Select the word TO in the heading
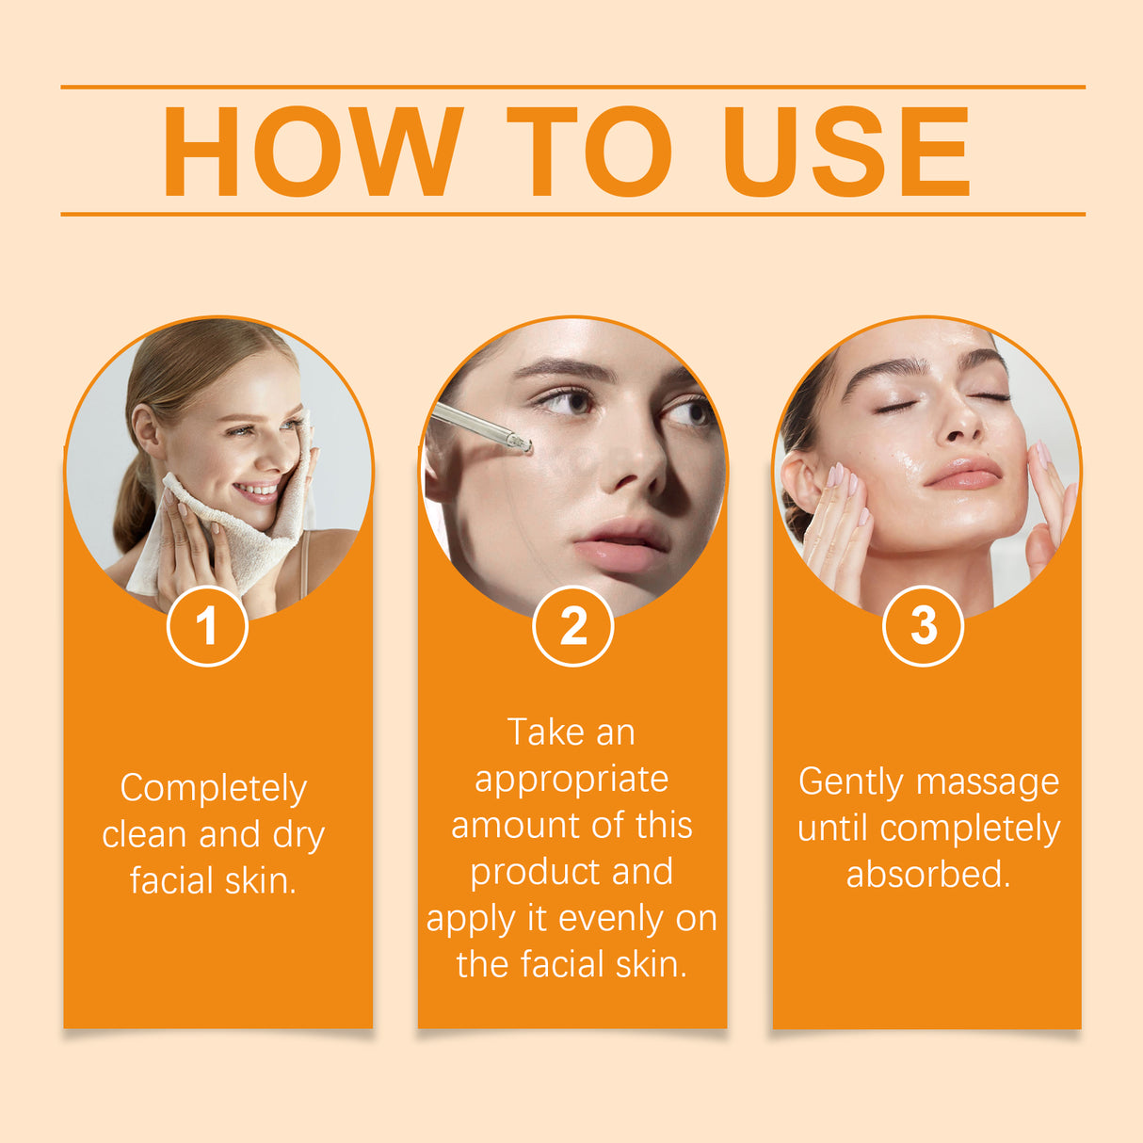pos(589,152)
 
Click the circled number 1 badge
pos(207,626)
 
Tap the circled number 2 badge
pos(572,626)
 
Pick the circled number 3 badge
pos(923,626)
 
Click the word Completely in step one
pos(214,789)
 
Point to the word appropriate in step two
pos(571,781)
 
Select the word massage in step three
pos(988,783)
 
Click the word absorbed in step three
pos(927,875)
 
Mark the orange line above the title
pos(572,87)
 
